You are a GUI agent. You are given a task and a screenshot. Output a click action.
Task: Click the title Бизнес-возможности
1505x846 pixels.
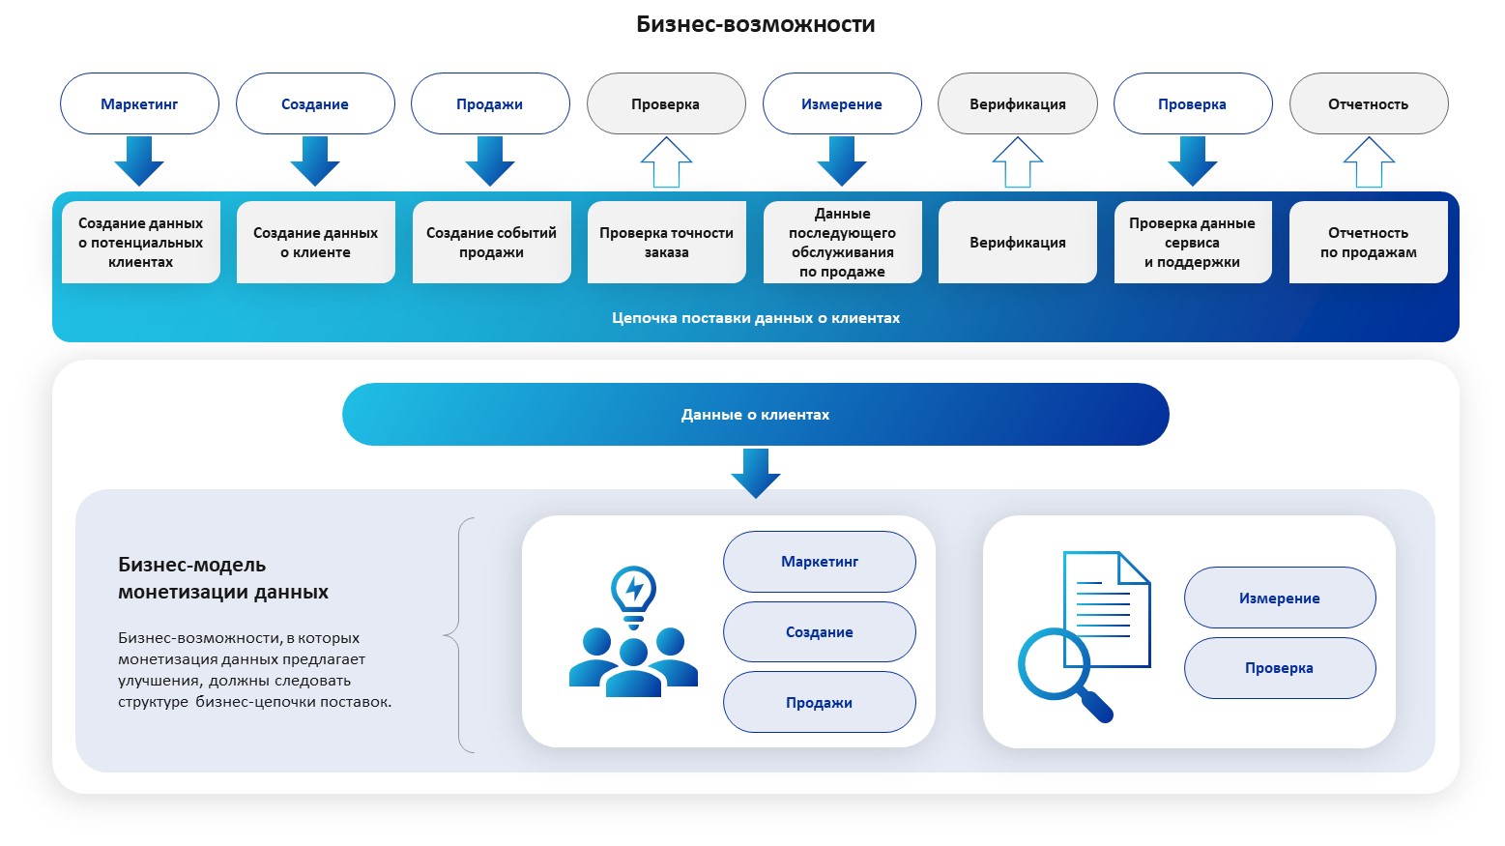[x=755, y=25]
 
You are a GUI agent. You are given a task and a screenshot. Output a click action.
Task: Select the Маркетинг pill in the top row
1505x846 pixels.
[x=139, y=104]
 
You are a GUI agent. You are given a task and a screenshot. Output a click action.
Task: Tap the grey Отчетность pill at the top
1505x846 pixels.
[x=1368, y=104]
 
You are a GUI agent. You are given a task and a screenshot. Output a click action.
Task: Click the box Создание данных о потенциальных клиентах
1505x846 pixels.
[x=141, y=243]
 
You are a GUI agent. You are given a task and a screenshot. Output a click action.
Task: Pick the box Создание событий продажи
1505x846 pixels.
[x=491, y=243]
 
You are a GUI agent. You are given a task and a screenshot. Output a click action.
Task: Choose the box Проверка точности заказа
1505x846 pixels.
[x=666, y=243]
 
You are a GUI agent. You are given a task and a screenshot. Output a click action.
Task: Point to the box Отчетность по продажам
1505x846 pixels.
[x=1368, y=243]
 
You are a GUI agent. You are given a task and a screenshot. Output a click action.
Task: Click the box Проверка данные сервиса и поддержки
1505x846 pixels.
[x=1192, y=243]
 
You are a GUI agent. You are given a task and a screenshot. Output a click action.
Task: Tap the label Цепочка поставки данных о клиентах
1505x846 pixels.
[x=755, y=318]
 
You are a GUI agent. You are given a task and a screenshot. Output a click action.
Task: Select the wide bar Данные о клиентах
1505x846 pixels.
[x=755, y=415]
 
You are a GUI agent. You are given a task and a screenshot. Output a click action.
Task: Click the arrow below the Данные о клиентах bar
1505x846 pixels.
[x=755, y=473]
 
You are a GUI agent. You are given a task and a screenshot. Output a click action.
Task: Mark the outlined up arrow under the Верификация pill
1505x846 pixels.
[x=1017, y=161]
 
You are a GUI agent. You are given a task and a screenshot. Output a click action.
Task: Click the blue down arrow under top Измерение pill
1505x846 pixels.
[x=841, y=160]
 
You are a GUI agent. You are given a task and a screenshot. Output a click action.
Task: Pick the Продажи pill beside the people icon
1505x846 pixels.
[x=819, y=703]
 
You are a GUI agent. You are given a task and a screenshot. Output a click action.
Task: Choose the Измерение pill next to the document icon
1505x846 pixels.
[x=1279, y=598]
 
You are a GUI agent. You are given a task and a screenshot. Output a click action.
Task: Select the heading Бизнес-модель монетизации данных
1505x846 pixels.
[x=223, y=578]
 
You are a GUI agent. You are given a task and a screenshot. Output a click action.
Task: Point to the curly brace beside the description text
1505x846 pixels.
[x=459, y=635]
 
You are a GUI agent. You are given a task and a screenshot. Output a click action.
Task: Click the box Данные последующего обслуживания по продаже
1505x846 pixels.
[x=842, y=243]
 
